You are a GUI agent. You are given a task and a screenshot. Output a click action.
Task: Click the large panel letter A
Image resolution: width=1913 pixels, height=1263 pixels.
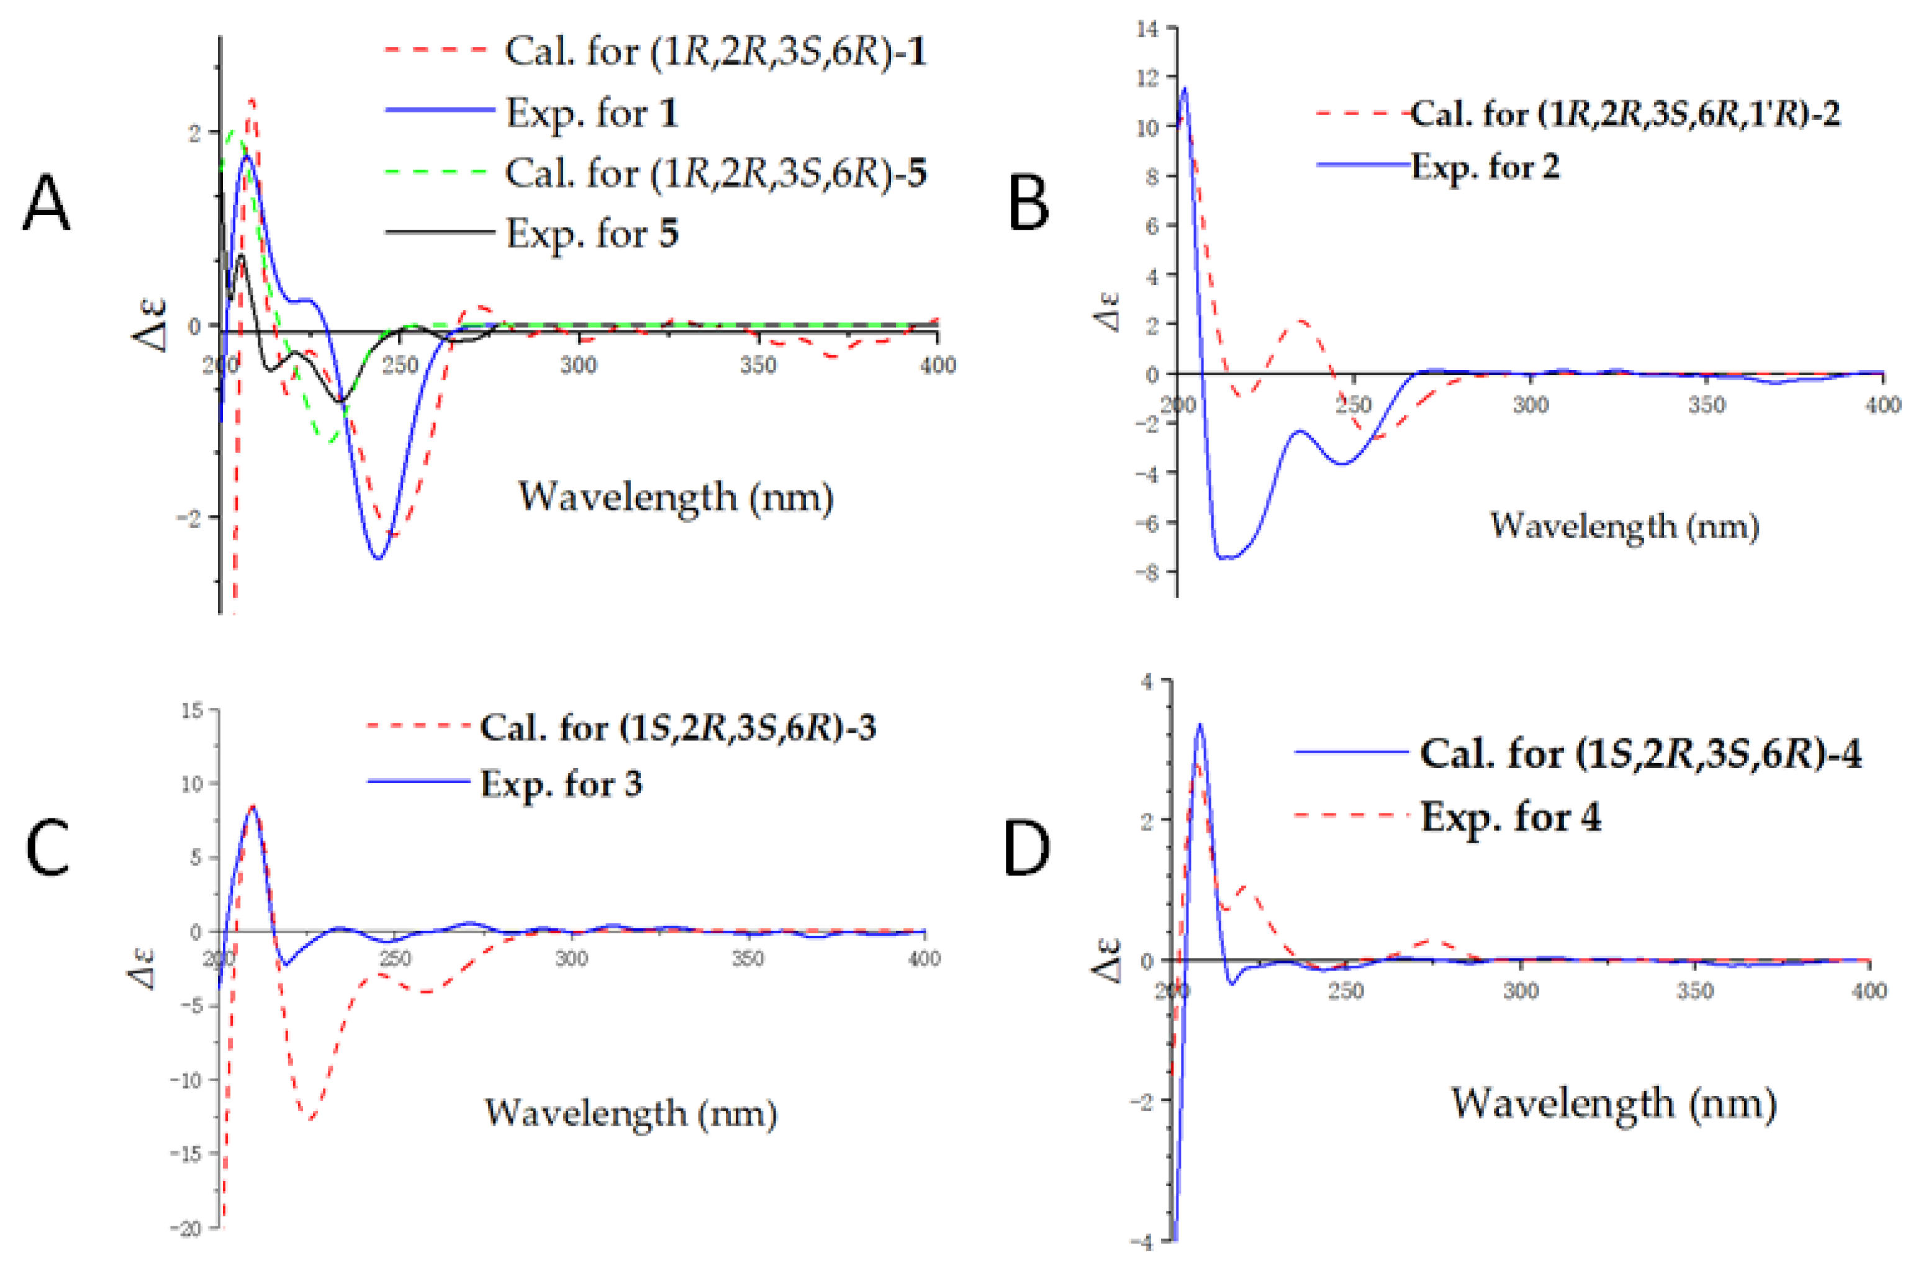(46, 202)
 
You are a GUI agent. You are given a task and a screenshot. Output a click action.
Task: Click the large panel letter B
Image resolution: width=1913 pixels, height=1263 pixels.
(1029, 202)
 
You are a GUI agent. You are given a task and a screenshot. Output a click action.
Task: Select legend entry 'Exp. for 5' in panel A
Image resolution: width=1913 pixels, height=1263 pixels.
(591, 233)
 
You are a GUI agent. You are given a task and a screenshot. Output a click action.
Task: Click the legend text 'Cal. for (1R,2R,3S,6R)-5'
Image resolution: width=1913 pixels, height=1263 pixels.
(715, 173)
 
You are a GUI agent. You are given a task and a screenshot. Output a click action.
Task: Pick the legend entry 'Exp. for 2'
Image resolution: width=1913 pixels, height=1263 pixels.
(1485, 167)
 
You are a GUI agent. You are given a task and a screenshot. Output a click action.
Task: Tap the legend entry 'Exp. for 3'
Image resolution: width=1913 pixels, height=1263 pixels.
(561, 783)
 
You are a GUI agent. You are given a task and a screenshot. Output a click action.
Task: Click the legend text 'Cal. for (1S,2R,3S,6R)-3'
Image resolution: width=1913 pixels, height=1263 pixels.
(677, 727)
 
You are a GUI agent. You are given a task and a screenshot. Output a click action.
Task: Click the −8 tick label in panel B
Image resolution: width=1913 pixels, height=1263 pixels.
(1146, 572)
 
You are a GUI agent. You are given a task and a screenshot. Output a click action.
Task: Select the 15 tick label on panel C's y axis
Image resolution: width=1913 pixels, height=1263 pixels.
(192, 710)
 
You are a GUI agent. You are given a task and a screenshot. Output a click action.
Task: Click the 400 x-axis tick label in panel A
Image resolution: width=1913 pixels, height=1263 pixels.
(937, 365)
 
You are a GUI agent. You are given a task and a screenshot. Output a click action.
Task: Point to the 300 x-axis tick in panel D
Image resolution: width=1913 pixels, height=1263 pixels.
(1521, 990)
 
